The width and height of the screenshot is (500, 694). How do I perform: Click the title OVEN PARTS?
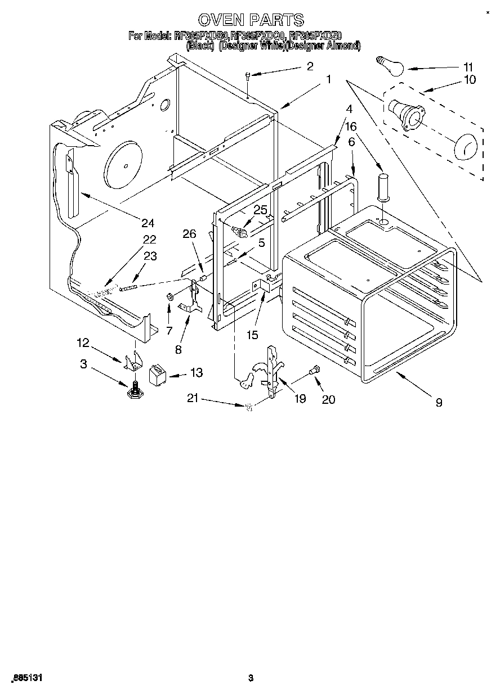(x=251, y=20)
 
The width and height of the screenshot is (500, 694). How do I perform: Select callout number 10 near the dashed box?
(x=469, y=79)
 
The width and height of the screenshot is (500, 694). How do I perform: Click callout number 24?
(x=147, y=222)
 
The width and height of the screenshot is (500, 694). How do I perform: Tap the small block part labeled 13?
(x=157, y=374)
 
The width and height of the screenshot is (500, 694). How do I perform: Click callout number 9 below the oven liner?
(x=439, y=402)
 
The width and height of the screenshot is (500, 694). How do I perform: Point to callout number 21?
(x=193, y=399)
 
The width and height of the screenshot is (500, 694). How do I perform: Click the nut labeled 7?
(x=169, y=296)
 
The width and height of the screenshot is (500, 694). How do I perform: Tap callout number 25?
(x=260, y=210)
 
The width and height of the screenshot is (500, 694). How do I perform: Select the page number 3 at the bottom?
(x=251, y=678)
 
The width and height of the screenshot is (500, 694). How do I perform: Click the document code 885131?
(x=26, y=678)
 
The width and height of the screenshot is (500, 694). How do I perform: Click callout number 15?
(x=252, y=335)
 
